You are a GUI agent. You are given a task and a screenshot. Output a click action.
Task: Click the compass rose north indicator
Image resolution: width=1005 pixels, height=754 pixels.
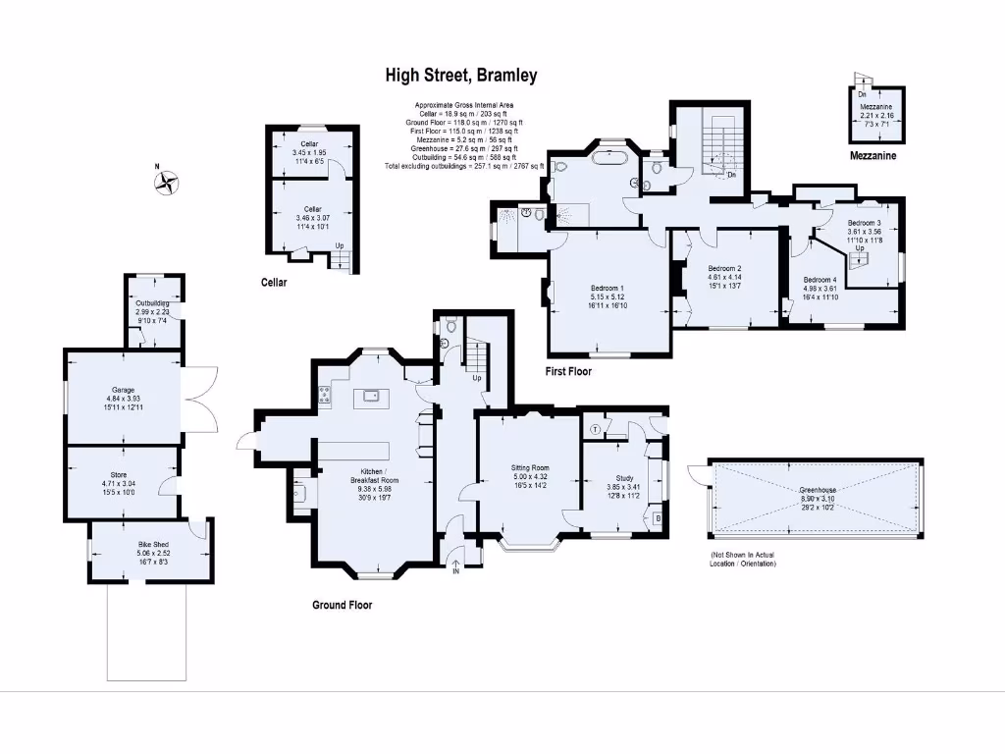pos(167,181)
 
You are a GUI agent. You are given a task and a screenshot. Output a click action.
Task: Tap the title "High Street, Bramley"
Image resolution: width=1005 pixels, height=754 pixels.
pos(460,76)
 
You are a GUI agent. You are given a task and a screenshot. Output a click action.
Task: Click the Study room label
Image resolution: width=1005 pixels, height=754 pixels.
pos(615,478)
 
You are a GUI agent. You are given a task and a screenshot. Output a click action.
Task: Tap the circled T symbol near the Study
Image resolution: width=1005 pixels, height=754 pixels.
pos(596,430)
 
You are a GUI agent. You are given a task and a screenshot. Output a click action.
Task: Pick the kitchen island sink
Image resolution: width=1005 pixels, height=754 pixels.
pos(372,396)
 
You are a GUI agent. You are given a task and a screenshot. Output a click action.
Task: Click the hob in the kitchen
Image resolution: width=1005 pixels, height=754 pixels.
pos(325,397)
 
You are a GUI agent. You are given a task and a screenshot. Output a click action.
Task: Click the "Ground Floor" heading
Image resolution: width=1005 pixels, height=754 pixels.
pos(342,605)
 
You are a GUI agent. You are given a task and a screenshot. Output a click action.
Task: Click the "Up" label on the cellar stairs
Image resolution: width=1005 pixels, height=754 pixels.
pos(340,244)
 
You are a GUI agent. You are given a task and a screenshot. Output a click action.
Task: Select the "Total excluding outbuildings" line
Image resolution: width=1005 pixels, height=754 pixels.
pos(464,167)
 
